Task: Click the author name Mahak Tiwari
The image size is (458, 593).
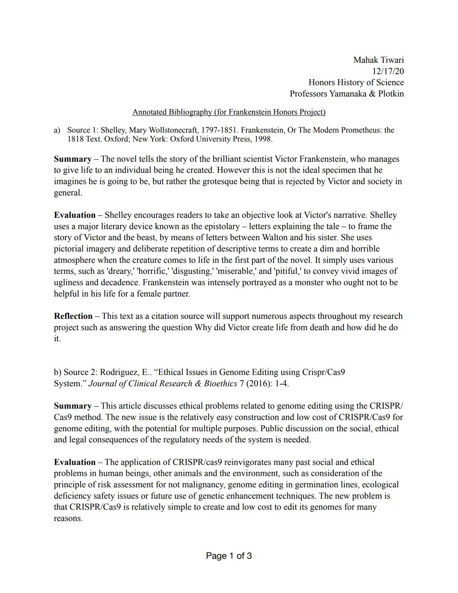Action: (378, 60)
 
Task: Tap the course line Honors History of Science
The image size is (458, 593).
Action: (356, 82)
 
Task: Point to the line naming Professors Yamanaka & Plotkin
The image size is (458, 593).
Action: (346, 94)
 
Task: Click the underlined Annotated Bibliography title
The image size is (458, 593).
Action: (229, 112)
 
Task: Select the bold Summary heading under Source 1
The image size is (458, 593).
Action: (73, 159)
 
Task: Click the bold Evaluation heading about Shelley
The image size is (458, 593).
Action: (75, 215)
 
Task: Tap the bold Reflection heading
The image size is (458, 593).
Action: (73, 316)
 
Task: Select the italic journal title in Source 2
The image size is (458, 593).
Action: (162, 384)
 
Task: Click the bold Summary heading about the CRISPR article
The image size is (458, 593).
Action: (73, 406)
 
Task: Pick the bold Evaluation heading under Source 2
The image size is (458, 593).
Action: (75, 462)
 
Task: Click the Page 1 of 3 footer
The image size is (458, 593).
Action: (229, 556)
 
